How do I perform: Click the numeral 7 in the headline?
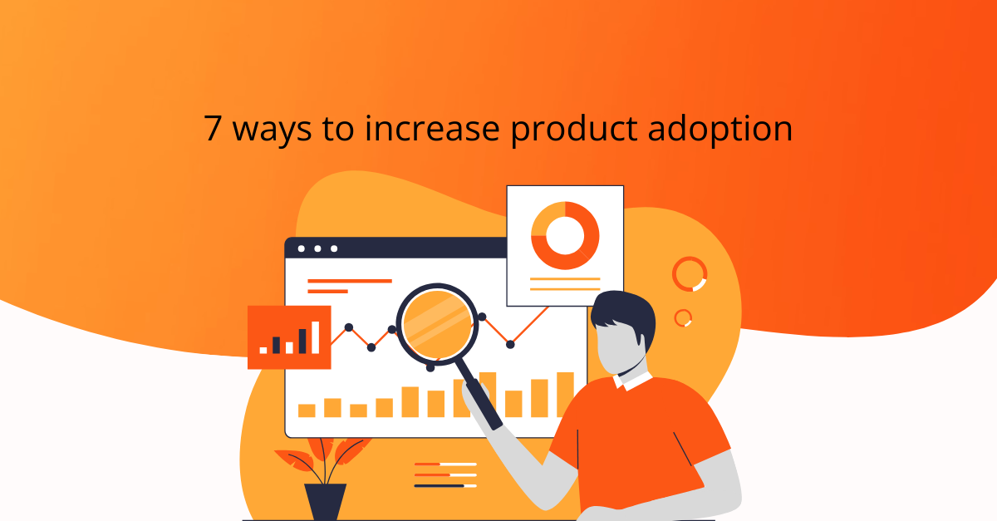point(214,131)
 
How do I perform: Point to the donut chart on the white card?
point(565,235)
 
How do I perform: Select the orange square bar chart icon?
point(289,337)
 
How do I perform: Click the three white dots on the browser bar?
point(317,248)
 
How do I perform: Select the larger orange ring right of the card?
point(690,274)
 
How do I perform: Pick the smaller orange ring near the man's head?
point(683,317)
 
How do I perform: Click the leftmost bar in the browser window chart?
point(307,410)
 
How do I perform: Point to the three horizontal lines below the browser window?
point(445,474)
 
